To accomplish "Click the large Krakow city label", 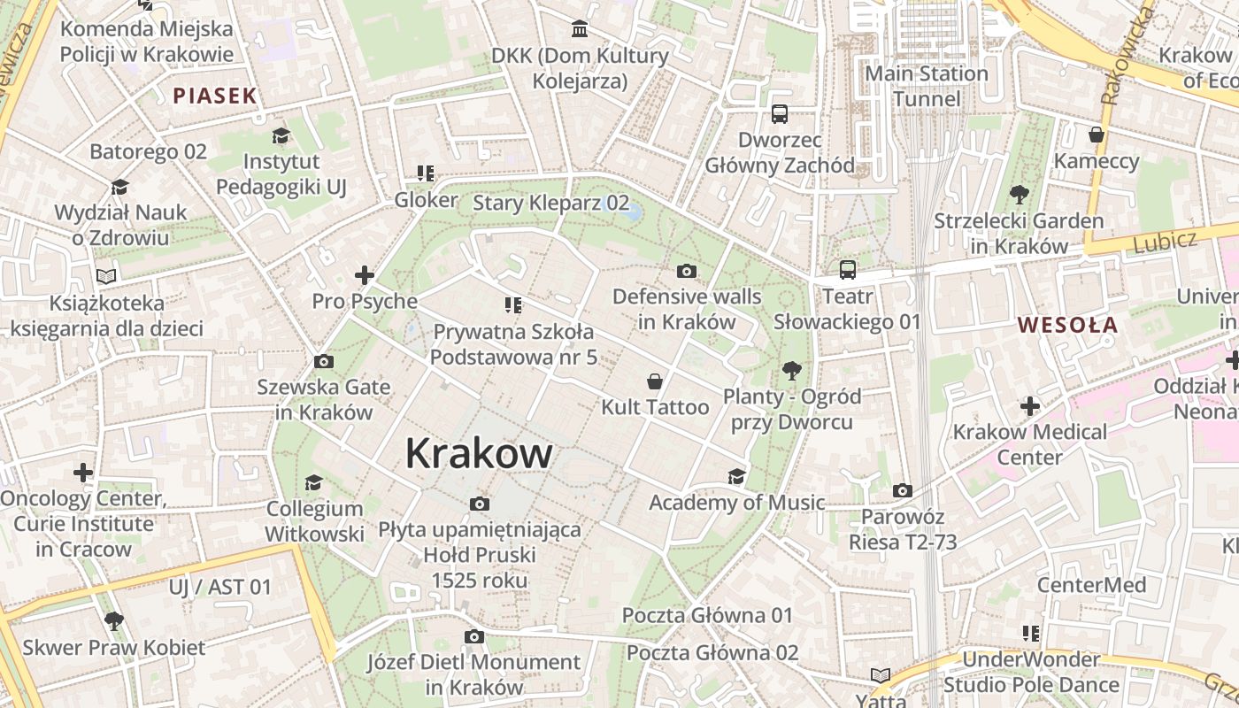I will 479,453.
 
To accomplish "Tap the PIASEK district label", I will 214,96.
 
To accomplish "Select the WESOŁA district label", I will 1067,325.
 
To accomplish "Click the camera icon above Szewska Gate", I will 324,361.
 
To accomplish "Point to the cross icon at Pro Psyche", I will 364,275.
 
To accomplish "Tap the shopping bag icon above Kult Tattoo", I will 655,381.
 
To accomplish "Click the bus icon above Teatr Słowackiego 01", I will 848,269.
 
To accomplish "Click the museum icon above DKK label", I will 580,30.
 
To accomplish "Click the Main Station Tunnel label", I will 926,86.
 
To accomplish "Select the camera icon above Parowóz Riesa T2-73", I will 903,490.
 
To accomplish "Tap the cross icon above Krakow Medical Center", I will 1029,406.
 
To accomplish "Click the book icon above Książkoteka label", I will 106,276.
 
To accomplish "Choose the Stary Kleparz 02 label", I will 550,203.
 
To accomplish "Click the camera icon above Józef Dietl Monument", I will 474,636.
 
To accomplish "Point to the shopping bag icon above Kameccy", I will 1097,135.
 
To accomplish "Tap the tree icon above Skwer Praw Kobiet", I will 113,620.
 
